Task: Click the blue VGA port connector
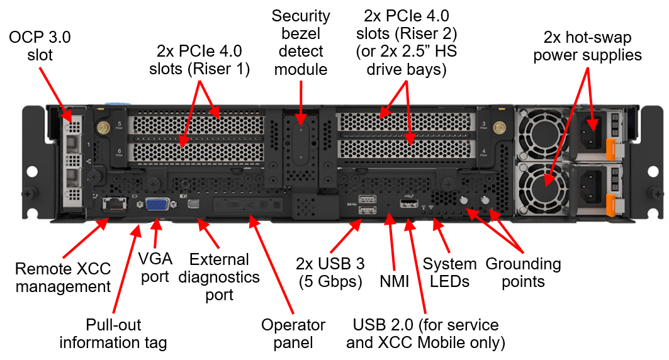(156, 206)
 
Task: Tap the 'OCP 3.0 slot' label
(40, 47)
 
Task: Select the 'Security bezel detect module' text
(300, 42)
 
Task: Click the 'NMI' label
(395, 281)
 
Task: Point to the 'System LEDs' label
(450, 273)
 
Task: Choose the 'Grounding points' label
(522, 273)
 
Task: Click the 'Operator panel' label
(293, 334)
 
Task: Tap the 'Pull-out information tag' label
(113, 334)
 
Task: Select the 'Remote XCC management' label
(63, 278)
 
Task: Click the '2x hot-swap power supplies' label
(587, 47)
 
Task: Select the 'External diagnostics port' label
(219, 277)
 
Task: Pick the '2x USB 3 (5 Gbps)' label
(330, 273)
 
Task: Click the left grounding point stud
(464, 201)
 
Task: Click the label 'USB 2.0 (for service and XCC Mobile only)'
(426, 334)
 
